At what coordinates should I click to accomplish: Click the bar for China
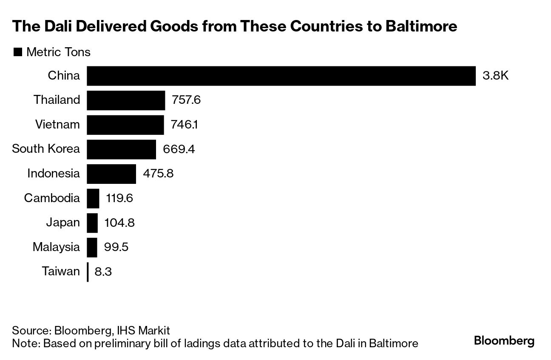pyautogui.click(x=281, y=76)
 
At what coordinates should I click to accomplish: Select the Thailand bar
pyautogui.click(x=126, y=100)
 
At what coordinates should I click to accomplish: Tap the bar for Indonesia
pyautogui.click(x=111, y=174)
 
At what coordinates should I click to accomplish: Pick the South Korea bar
pyautogui.click(x=121, y=149)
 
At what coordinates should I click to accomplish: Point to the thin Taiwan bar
pyautogui.click(x=88, y=272)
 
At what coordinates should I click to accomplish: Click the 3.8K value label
pyautogui.click(x=495, y=76)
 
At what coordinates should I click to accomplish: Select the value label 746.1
pyautogui.click(x=185, y=125)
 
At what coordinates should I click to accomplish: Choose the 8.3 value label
pyautogui.click(x=103, y=272)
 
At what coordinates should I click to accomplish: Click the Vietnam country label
pyautogui.click(x=57, y=125)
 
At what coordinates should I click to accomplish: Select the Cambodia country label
pyautogui.click(x=52, y=198)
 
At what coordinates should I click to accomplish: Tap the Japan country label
pyautogui.click(x=63, y=223)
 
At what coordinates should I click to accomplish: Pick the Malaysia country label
pyautogui.click(x=56, y=247)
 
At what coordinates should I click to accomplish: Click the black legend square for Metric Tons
pyautogui.click(x=18, y=52)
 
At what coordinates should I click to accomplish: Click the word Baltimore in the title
pyautogui.click(x=421, y=26)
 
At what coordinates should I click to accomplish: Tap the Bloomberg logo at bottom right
pyautogui.click(x=504, y=341)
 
